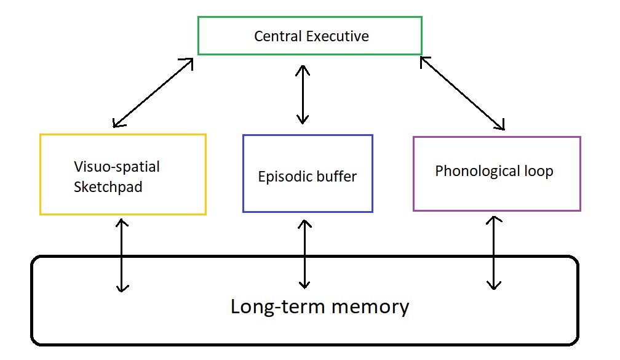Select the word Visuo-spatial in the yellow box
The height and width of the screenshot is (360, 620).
coord(117,167)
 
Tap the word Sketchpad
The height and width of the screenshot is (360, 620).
coord(108,187)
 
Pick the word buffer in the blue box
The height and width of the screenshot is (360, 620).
coord(336,177)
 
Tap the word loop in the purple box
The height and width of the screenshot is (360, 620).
coord(539,171)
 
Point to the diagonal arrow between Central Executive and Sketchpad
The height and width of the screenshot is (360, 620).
coord(154,93)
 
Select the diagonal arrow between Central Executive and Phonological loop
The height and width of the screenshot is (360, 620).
coord(463,94)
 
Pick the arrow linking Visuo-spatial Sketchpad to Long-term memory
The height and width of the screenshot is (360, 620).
coord(122,254)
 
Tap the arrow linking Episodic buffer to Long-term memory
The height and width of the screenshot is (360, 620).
coord(304,254)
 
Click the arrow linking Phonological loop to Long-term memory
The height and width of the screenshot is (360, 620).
coord(493,252)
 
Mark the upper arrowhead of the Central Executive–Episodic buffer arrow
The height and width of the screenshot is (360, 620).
coord(303,68)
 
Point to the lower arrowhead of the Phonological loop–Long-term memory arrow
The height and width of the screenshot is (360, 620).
coord(493,285)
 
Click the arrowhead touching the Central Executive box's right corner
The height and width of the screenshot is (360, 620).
coord(424,60)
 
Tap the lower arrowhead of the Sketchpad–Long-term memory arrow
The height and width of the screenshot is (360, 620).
coord(122,287)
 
